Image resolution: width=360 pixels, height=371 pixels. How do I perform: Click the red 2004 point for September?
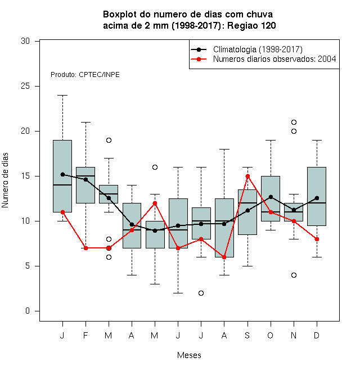click(247, 177)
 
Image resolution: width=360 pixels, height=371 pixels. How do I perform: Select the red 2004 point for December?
click(317, 239)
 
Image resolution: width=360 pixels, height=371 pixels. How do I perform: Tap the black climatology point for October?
click(271, 197)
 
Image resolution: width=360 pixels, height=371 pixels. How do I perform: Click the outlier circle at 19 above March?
click(109, 141)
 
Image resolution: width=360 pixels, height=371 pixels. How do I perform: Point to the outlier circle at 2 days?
click(201, 293)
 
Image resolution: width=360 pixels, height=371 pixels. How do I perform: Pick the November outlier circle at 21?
click(294, 123)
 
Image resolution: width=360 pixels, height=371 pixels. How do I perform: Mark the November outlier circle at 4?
click(294, 275)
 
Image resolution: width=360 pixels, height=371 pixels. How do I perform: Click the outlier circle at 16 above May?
click(155, 168)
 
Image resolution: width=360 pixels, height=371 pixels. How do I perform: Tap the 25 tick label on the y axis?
click(25, 86)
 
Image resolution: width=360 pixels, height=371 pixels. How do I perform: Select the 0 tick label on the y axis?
click(28, 311)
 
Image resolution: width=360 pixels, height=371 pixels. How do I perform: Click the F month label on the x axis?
click(85, 335)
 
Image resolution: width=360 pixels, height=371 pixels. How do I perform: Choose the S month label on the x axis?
click(247, 335)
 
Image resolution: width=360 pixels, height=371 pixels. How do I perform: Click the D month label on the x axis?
click(317, 335)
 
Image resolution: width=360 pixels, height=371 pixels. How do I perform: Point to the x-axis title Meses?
click(189, 355)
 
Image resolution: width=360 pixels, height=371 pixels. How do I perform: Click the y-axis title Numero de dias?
click(5, 180)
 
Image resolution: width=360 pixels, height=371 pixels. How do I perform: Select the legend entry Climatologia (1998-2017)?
click(258, 49)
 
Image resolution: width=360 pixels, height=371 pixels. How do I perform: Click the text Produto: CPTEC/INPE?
click(85, 75)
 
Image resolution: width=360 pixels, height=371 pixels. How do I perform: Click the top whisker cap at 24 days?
click(62, 96)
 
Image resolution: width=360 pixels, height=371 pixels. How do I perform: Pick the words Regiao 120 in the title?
click(251, 25)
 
